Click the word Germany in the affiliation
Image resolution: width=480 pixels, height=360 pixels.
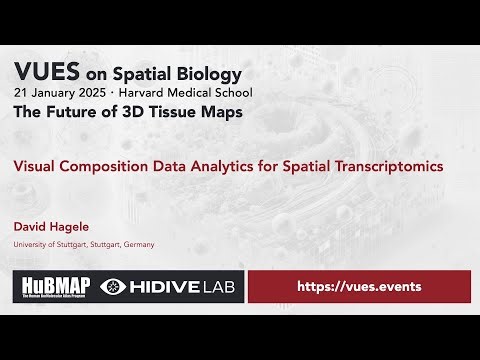(x=138, y=245)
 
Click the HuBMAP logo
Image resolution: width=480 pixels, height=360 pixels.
(x=55, y=287)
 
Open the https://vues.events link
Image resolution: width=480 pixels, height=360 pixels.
(x=359, y=287)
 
